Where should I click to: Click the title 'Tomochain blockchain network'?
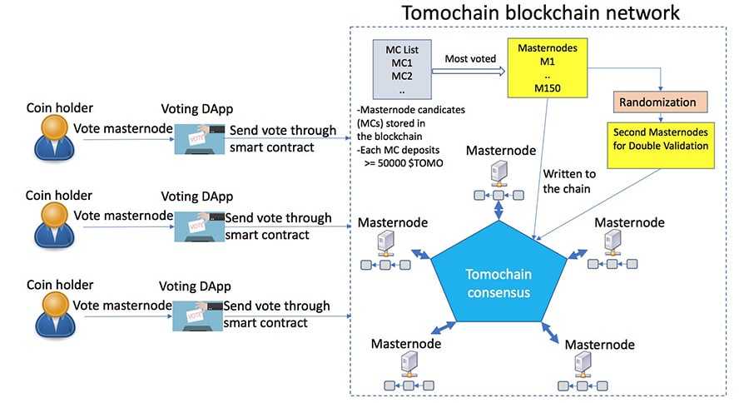[540, 13]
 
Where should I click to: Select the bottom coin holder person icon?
[53, 312]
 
